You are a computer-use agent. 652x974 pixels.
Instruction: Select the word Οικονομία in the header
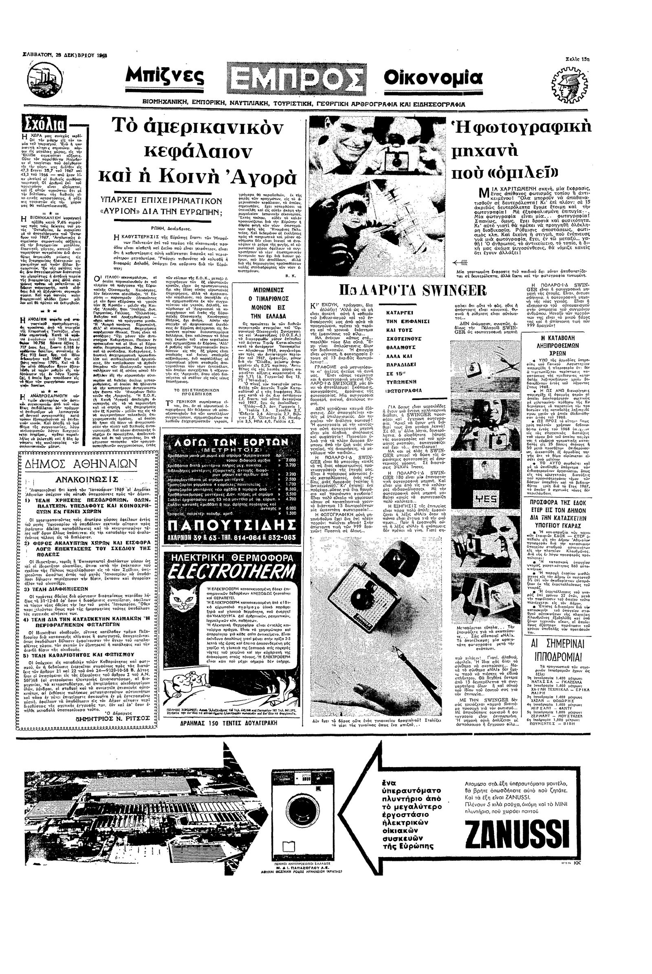tap(433, 78)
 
